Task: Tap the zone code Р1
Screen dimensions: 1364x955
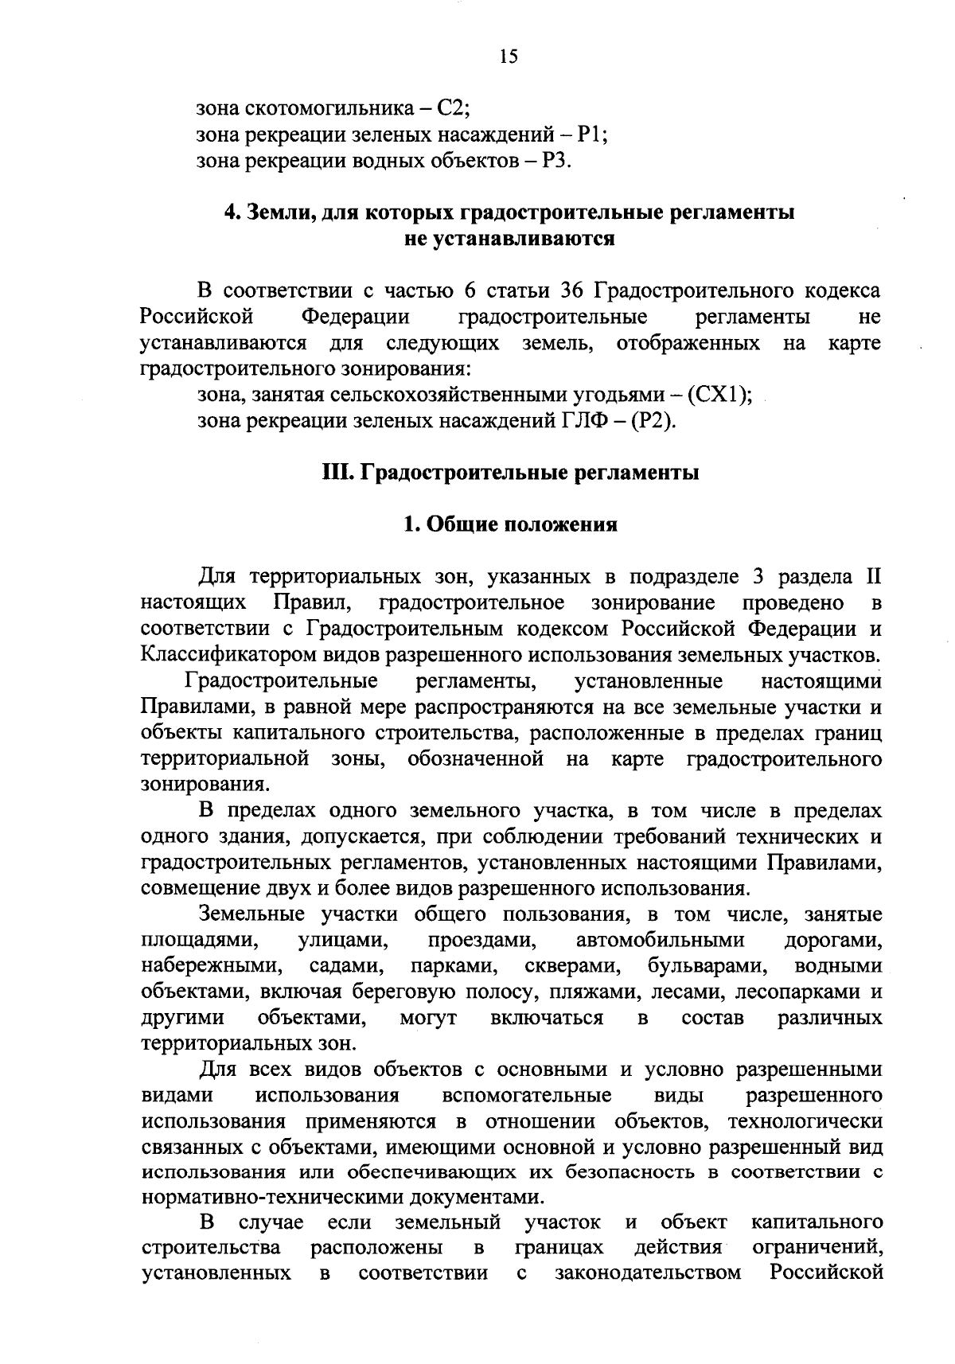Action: [x=591, y=134]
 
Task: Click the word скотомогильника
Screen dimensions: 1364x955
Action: [x=330, y=107]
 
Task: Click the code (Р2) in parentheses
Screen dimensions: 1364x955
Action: [x=653, y=421]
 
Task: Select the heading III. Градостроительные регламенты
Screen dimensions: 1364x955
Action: [x=510, y=473]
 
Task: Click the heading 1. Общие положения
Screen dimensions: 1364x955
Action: [x=510, y=524]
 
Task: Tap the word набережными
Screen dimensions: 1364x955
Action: [x=212, y=967]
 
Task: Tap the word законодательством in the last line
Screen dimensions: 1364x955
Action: [x=648, y=1273]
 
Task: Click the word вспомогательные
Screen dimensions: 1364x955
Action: [x=526, y=1096]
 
